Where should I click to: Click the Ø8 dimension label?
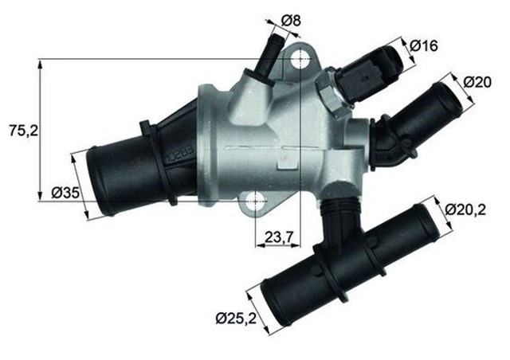[x=291, y=20]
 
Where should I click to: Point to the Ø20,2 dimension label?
[x=468, y=209]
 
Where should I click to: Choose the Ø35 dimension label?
[x=65, y=192]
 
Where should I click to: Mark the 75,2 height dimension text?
[x=22, y=129]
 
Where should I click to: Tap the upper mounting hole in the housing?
[x=300, y=60]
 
